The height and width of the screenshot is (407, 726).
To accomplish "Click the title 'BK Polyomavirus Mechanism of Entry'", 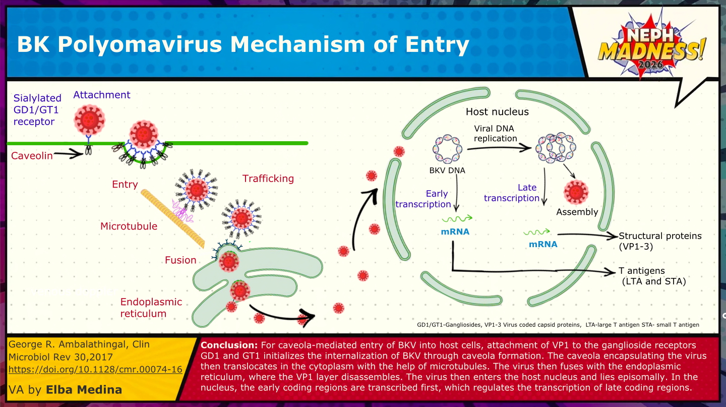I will (x=243, y=45).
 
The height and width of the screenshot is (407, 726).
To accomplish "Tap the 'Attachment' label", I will (x=101, y=95).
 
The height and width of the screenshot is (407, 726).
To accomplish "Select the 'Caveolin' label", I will (x=32, y=156).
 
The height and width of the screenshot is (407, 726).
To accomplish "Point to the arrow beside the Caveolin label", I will (x=68, y=154).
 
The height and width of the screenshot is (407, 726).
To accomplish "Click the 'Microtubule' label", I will (x=129, y=226).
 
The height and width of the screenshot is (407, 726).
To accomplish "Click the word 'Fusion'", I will (x=180, y=260).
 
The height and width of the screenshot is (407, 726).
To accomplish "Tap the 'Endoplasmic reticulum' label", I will (x=151, y=308).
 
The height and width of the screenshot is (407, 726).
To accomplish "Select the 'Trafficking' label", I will (x=268, y=179).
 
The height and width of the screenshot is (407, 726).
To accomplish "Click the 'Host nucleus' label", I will (x=497, y=111).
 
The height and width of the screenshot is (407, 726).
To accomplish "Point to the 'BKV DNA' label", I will (x=447, y=170).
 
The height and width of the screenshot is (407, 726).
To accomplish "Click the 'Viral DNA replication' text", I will (x=495, y=134).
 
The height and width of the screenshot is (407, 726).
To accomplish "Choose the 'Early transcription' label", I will (x=423, y=199).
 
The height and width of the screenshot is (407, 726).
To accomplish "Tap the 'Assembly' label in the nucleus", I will (x=577, y=212).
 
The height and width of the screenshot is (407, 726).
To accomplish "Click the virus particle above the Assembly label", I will (x=576, y=191).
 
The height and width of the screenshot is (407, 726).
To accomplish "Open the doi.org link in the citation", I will (x=95, y=369).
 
